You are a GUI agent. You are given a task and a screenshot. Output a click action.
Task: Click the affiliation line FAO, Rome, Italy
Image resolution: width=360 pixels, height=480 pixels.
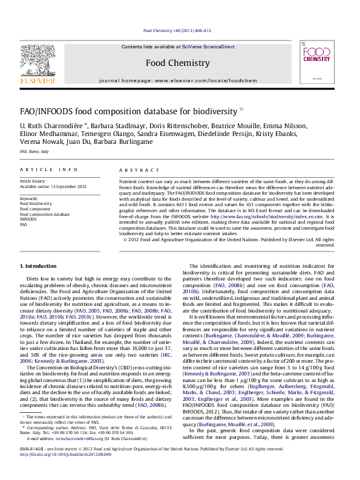pos(34,151)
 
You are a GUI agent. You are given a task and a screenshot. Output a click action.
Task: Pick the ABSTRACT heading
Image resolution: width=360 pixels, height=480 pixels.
pos(135,170)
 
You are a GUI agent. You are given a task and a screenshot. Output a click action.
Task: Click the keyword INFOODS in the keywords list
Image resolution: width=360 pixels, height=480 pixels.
pos(28,219)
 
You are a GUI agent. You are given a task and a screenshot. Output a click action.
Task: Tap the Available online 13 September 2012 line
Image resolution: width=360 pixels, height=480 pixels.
pos(54,187)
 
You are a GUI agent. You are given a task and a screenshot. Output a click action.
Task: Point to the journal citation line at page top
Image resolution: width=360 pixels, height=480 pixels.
pos(177,30)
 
